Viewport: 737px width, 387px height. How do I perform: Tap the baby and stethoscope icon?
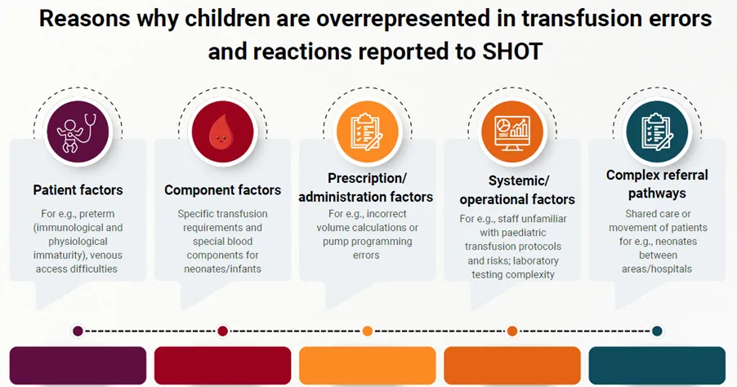click(78, 131)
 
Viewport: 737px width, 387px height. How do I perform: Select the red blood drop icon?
click(222, 131)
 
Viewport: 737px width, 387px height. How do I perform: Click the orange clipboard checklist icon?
click(367, 131)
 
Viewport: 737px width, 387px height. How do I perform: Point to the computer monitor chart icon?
click(511, 131)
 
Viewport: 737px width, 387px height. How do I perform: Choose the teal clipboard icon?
click(656, 131)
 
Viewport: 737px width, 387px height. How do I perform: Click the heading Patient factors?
click(78, 190)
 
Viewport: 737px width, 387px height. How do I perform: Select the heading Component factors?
click(222, 190)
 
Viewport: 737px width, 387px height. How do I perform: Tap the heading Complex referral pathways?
click(656, 184)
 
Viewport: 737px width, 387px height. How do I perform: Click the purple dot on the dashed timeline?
click(78, 331)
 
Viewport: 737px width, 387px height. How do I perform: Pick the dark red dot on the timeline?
click(222, 331)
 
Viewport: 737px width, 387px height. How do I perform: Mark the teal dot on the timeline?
click(657, 331)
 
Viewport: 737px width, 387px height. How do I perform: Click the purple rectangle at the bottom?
click(78, 365)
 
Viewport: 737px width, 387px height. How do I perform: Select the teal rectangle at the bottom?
click(657, 365)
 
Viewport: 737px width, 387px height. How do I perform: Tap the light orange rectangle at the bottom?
click(367, 365)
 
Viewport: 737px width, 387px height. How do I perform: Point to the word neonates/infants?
click(222, 269)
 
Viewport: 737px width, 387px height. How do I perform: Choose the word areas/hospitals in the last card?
click(657, 269)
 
